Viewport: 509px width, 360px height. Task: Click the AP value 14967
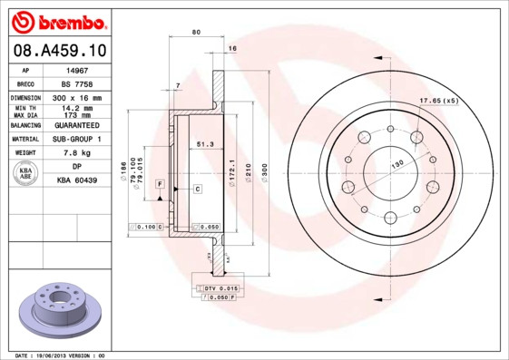pos(77,69)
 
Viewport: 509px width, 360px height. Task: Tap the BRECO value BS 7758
pos(77,83)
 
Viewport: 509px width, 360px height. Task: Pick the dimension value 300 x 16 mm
pos(77,97)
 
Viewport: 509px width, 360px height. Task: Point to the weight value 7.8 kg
pos(77,153)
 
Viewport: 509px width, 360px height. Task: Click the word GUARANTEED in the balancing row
pos(77,125)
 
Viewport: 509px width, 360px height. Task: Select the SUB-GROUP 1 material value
pos(77,139)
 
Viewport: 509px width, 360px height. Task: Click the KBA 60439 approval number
pos(77,180)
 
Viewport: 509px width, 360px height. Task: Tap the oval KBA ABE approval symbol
pos(26,174)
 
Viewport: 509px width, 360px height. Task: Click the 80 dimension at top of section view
pos(196,33)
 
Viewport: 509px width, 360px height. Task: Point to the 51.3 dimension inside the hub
pos(204,143)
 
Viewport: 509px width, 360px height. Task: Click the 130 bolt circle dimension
pos(396,164)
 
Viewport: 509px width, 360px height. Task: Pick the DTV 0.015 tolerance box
pos(220,287)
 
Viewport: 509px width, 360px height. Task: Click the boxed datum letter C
pos(197,188)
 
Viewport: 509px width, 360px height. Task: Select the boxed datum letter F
pos(160,184)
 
